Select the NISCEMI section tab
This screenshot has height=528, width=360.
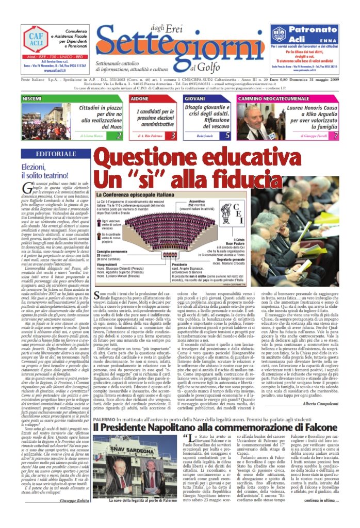coord(33,98)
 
